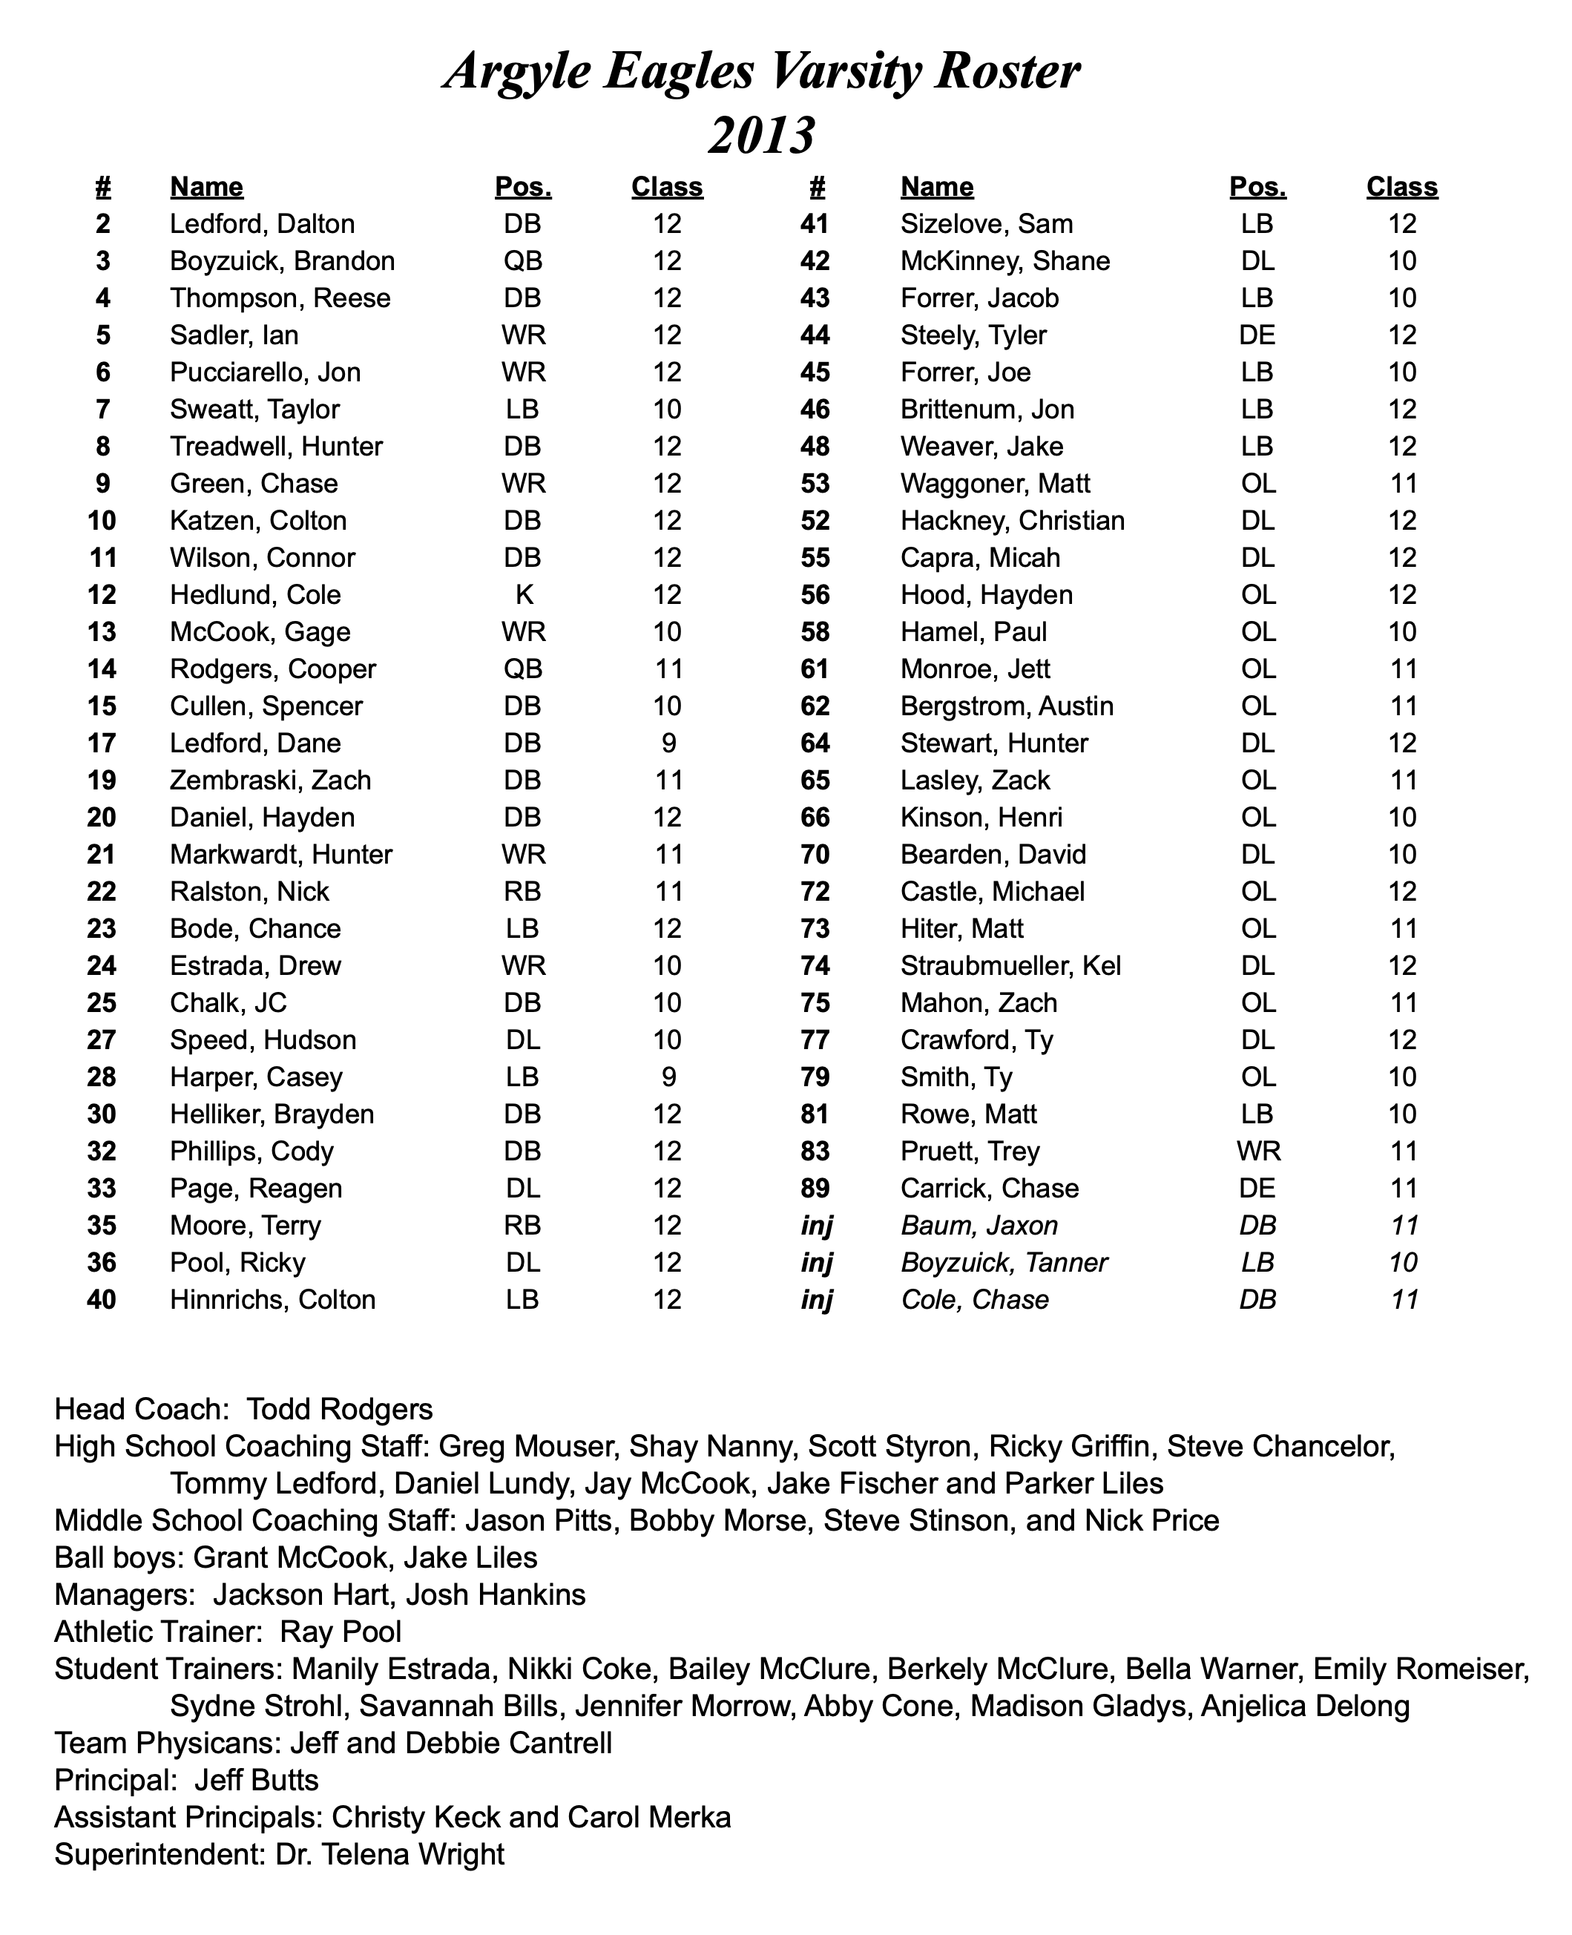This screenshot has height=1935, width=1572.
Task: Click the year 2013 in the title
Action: (x=762, y=136)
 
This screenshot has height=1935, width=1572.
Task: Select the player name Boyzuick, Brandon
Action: (x=283, y=262)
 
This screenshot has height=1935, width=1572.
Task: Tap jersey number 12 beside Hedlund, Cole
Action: (x=102, y=595)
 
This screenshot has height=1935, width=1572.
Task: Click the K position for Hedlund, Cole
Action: (x=524, y=595)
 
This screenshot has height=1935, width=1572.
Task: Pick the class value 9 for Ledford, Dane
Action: (x=668, y=743)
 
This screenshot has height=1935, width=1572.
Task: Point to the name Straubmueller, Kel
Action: (x=1010, y=966)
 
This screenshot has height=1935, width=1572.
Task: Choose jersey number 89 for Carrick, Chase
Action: (x=815, y=1188)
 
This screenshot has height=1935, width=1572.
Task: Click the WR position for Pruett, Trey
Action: (x=1257, y=1151)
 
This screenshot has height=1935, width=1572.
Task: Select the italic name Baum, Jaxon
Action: (x=979, y=1225)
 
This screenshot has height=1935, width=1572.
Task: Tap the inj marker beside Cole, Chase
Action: (x=816, y=1299)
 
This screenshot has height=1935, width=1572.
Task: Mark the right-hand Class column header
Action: (x=1402, y=188)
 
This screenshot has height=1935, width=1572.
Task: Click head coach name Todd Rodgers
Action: (x=340, y=1409)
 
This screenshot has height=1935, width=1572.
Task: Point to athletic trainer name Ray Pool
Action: (x=341, y=1631)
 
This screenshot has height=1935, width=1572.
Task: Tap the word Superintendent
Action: (x=159, y=1853)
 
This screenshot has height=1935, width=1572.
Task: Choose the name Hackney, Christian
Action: (x=1013, y=521)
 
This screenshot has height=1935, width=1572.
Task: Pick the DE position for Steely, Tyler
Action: (x=1257, y=336)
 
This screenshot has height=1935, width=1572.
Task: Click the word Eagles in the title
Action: (x=678, y=71)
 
